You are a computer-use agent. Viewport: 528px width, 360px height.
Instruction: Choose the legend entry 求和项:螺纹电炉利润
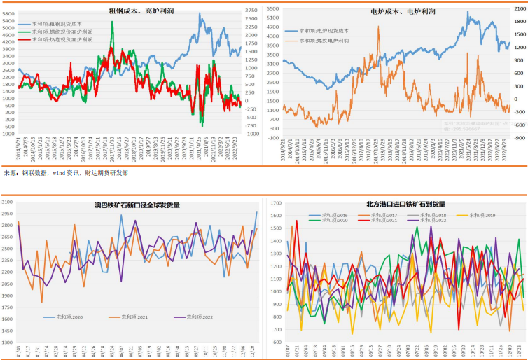pos(325,41)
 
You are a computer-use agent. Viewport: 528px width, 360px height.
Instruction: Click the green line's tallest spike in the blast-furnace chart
pos(112,22)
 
